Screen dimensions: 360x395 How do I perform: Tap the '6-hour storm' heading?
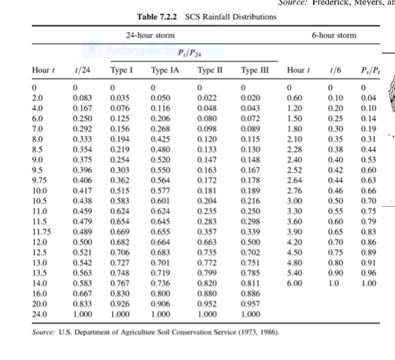tap(334, 35)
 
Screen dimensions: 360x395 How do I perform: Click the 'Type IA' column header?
tap(165, 70)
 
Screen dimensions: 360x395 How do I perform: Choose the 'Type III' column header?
tap(253, 70)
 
